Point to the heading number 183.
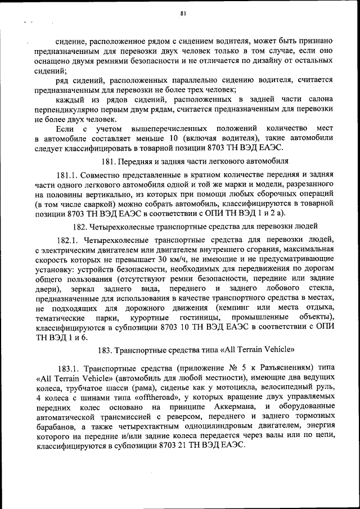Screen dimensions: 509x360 105,349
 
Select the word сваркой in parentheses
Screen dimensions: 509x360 93,205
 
